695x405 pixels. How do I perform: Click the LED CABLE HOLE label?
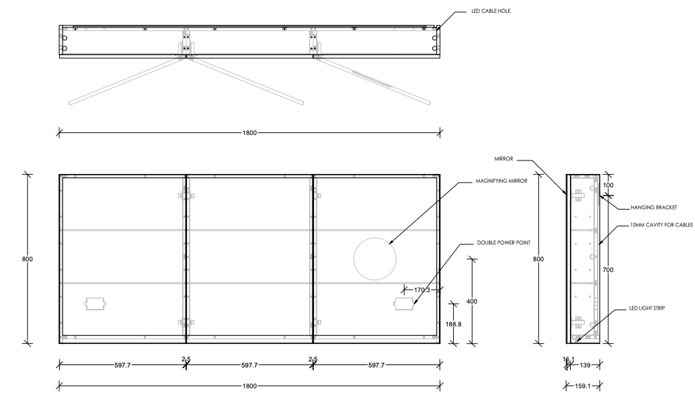(x=491, y=11)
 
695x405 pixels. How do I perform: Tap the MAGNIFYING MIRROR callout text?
(x=501, y=181)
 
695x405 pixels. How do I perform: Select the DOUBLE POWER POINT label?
(x=503, y=243)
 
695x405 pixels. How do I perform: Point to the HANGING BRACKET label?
(x=654, y=208)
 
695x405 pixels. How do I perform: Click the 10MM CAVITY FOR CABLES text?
(x=661, y=225)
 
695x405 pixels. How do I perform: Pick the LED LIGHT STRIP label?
(x=647, y=308)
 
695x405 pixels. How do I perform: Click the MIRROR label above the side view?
(x=503, y=159)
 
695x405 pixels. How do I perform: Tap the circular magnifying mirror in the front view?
(x=374, y=259)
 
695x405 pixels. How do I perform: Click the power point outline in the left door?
(x=95, y=304)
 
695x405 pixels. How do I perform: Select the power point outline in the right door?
(x=404, y=304)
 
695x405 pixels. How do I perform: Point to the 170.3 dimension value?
(x=422, y=290)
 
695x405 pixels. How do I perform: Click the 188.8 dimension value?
(x=454, y=324)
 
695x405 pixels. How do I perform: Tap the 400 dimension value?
(x=472, y=302)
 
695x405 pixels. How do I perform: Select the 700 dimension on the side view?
(x=608, y=270)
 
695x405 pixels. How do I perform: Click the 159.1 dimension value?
(x=583, y=386)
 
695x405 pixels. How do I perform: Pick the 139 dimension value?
(x=585, y=365)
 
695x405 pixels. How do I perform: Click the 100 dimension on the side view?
(x=608, y=185)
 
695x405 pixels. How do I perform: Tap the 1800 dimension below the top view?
(x=249, y=133)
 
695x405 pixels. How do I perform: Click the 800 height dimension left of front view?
(x=28, y=259)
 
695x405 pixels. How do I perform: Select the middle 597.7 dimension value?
(x=249, y=365)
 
